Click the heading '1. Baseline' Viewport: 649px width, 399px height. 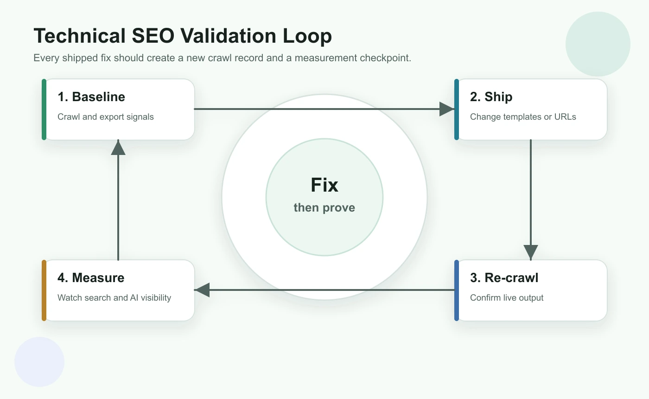pyautogui.click(x=91, y=97)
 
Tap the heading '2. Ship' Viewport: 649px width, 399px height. pyautogui.click(x=491, y=97)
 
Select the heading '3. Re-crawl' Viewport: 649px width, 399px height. pyautogui.click(x=504, y=278)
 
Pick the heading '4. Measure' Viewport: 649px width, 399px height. pyautogui.click(x=91, y=278)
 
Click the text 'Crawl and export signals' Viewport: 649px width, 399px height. pyautogui.click(x=105, y=117)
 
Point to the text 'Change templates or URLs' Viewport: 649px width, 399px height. pyautogui.click(x=523, y=117)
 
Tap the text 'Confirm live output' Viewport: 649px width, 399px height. pyautogui.click(x=507, y=298)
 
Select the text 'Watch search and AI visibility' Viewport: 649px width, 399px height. pyautogui.click(x=114, y=298)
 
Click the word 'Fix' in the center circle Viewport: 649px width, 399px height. pyautogui.click(x=324, y=185)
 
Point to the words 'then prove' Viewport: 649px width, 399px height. pyautogui.click(x=324, y=207)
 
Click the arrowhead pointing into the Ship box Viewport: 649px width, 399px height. pyautogui.click(x=446, y=109)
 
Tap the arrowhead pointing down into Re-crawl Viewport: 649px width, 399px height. pyautogui.click(x=531, y=252)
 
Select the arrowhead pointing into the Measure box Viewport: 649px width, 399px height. pyautogui.click(x=203, y=290)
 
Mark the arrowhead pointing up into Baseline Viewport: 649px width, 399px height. pyautogui.click(x=119, y=148)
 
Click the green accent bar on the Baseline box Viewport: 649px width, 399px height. pyautogui.click(x=44, y=109)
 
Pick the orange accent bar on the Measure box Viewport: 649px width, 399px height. pyautogui.click(x=44, y=290)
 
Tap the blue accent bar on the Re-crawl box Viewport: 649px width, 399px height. pyautogui.click(x=457, y=290)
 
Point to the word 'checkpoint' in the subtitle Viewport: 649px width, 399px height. pyautogui.click(x=386, y=58)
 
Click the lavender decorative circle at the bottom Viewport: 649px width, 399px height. pyautogui.click(x=39, y=361)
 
